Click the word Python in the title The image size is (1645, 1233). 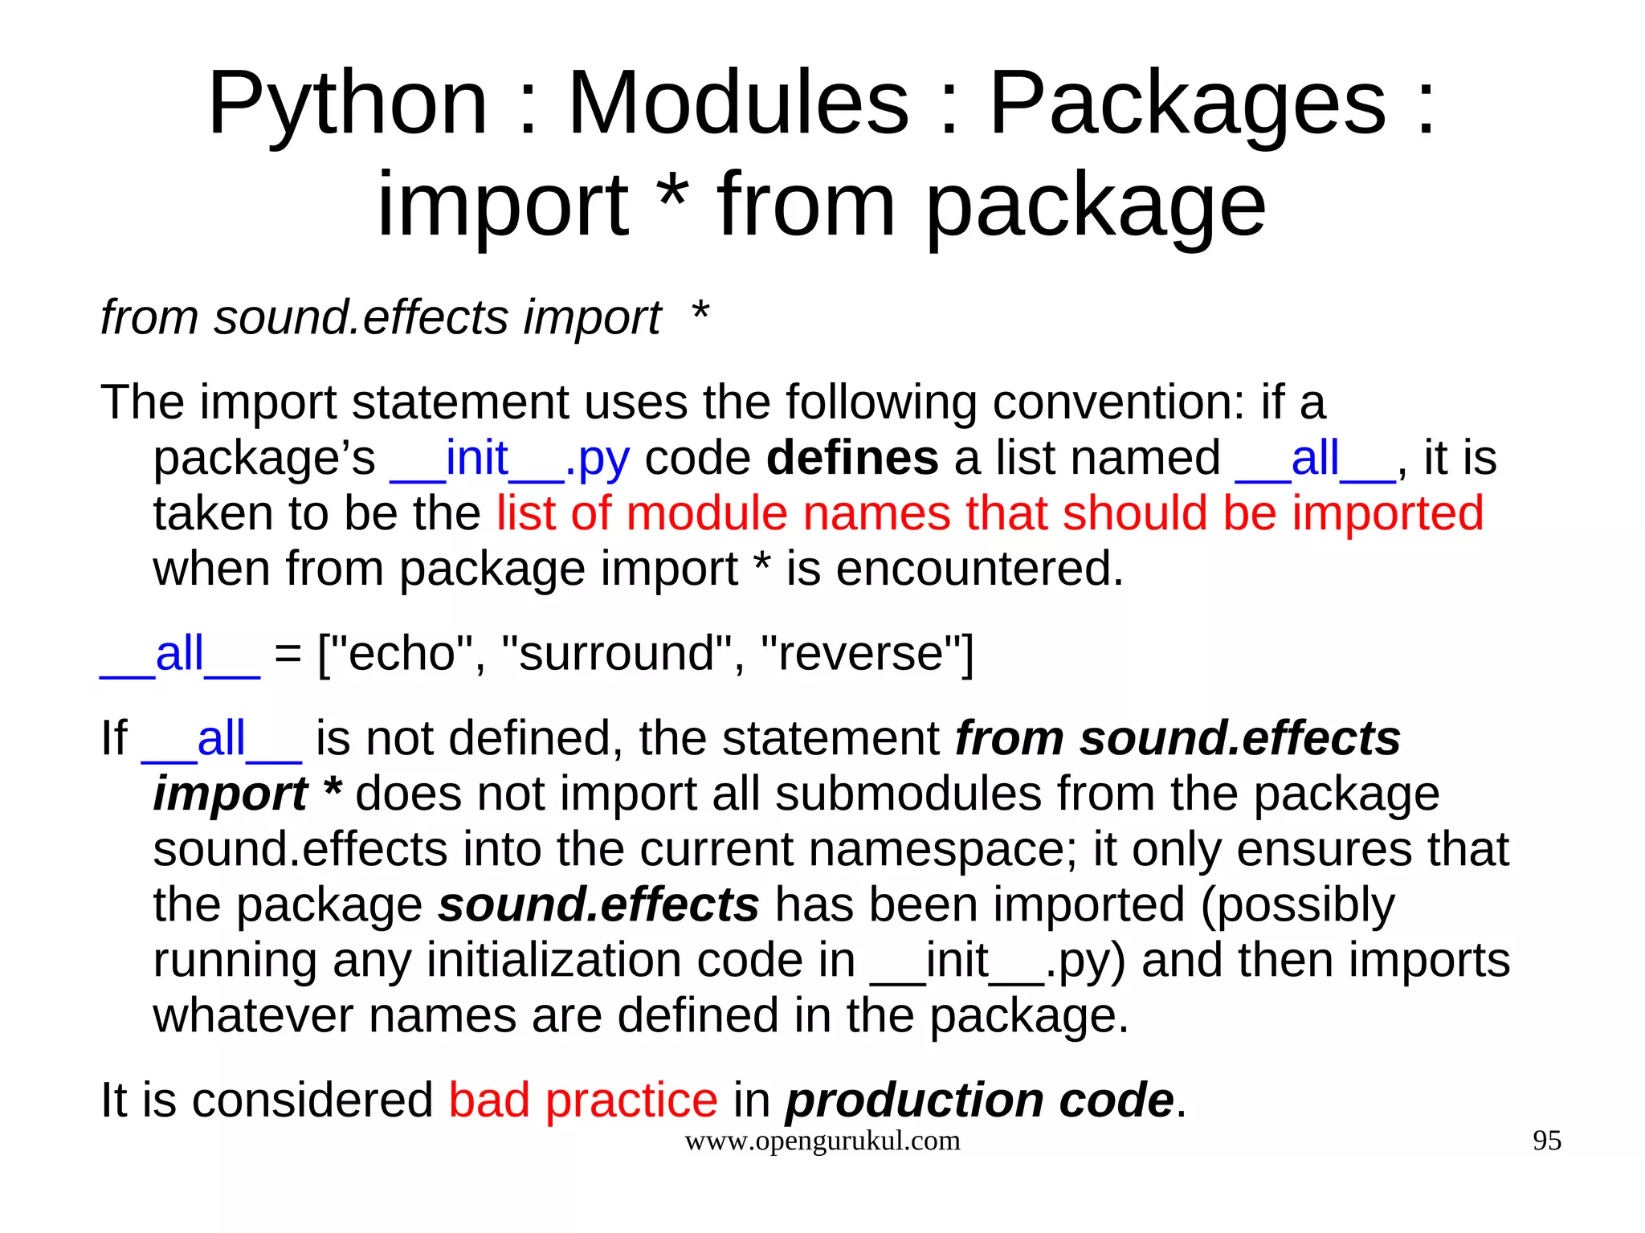[348, 104]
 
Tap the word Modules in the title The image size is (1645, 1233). [738, 104]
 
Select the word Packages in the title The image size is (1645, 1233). [1187, 104]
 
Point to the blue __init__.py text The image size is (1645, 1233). [509, 459]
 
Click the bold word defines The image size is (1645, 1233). [852, 458]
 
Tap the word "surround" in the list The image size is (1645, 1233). [616, 653]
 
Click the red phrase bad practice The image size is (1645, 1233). [583, 1100]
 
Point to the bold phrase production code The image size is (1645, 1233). [980, 1100]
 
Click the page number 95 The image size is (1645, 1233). [1547, 1141]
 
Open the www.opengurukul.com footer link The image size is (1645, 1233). [822, 1141]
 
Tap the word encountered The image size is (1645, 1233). [954, 569]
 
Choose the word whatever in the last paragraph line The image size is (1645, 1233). [253, 1015]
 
